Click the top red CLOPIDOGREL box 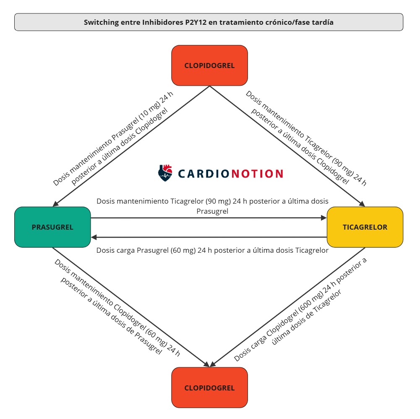pyautogui.click(x=209, y=65)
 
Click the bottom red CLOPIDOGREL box pyautogui.click(x=209, y=388)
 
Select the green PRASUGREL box pyautogui.click(x=52, y=227)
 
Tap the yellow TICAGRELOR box pyautogui.click(x=365, y=227)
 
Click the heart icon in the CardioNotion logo pyautogui.click(x=165, y=173)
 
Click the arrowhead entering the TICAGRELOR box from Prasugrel pyautogui.click(x=323, y=218)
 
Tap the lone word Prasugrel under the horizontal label pyautogui.click(x=212, y=211)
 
